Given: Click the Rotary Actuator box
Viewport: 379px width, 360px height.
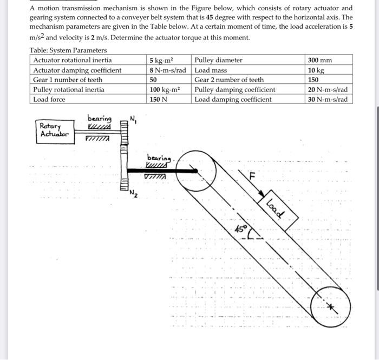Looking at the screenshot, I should [54, 130].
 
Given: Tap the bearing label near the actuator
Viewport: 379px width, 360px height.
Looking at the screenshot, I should [99, 119].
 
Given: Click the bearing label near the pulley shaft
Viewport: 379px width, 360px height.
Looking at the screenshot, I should [158, 158].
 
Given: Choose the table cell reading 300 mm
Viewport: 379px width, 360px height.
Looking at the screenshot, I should [320, 60].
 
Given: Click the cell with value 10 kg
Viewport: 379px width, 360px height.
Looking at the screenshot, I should [316, 70].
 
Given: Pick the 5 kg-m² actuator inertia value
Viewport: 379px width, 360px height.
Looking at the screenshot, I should [162, 60].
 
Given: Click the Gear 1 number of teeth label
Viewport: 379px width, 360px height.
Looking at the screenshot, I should [68, 80].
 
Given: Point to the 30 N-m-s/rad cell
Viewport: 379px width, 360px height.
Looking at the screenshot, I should [327, 100].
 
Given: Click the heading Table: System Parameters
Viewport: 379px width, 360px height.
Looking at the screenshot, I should [68, 50].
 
